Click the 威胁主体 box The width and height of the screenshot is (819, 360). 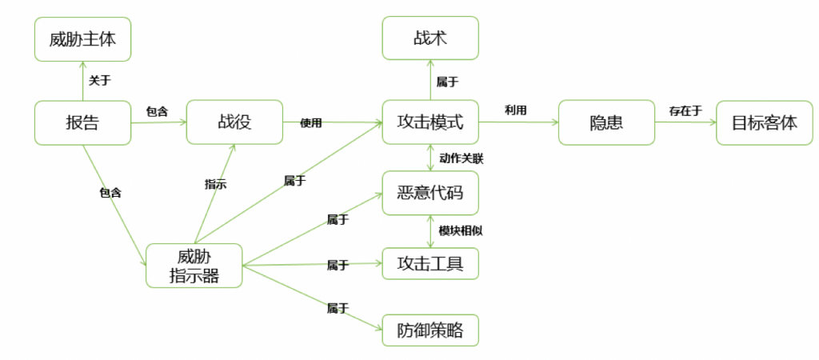82,38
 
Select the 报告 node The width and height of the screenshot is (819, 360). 82,122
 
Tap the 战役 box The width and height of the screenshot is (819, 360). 234,122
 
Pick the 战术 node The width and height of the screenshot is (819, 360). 430,38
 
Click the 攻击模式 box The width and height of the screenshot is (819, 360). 430,122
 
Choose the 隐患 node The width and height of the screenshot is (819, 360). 606,122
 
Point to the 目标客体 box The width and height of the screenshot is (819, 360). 764,122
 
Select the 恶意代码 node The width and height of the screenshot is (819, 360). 430,193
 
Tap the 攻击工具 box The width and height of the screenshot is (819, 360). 430,263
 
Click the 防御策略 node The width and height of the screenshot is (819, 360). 430,330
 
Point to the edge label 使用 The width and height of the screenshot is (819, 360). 310,122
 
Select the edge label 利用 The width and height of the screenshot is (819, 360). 515,110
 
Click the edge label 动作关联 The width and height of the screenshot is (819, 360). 461,158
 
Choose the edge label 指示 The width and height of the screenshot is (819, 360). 215,184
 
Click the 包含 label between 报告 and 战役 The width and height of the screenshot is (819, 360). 157,110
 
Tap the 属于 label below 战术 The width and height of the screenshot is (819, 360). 447,81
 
